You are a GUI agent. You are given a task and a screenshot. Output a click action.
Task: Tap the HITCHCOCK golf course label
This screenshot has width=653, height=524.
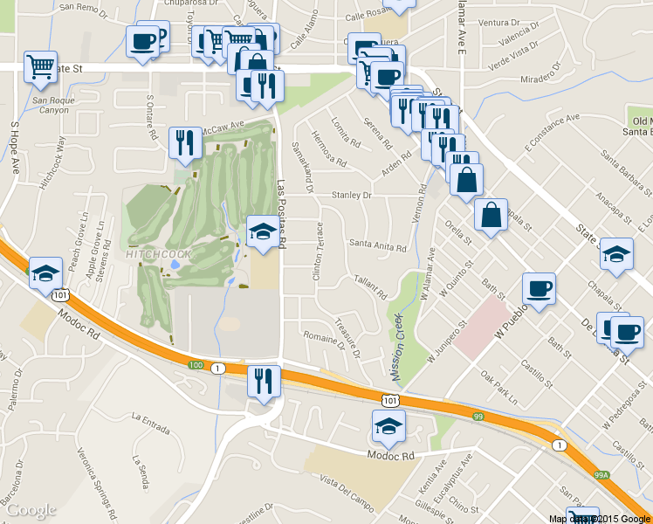158,256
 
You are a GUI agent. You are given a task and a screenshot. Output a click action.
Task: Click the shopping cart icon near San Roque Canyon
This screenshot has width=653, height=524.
40,67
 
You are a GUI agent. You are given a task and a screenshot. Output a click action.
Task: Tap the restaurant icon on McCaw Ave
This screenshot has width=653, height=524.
184,141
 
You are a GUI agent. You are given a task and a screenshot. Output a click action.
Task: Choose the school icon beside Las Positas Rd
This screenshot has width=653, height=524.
263,231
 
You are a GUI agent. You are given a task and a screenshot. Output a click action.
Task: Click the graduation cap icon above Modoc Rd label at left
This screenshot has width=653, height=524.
45,274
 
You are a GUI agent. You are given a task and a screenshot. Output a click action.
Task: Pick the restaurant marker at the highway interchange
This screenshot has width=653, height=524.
263,381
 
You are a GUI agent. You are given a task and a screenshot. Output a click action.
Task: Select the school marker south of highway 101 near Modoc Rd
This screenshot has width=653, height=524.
388,426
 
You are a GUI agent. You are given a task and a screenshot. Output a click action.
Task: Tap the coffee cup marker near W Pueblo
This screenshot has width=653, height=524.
539,288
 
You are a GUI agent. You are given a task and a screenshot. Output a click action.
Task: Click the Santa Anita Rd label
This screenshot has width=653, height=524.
377,247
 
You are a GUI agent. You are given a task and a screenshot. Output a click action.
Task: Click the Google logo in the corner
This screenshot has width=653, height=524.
31,510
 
